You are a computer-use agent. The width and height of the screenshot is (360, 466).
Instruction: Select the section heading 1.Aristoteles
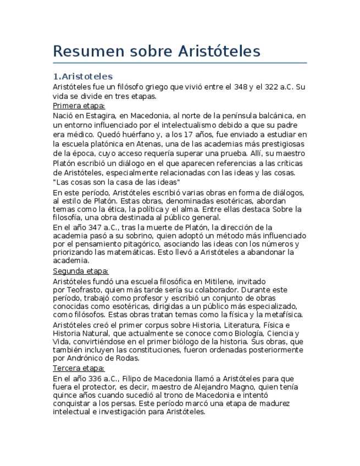point(82,76)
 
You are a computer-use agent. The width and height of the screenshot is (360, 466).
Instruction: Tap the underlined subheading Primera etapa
point(79,106)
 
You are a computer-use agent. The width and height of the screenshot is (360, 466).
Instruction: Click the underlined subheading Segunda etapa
point(80,271)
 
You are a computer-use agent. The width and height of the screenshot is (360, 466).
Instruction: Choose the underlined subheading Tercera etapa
point(79,368)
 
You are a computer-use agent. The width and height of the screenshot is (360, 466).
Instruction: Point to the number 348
point(240,87)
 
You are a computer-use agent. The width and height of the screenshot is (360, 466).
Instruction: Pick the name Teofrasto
point(82,290)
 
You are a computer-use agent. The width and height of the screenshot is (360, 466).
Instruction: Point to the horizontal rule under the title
point(180,63)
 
